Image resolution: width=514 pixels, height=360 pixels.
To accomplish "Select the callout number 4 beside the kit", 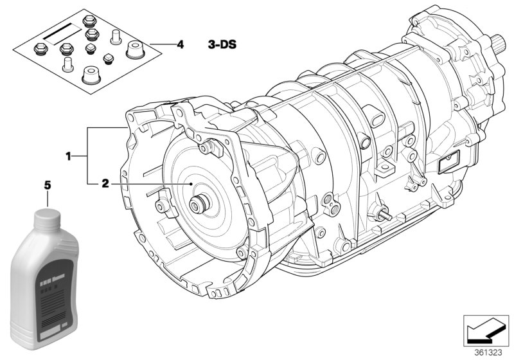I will coord(180,44).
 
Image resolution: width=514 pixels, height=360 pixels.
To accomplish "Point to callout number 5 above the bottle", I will coord(46,185).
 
